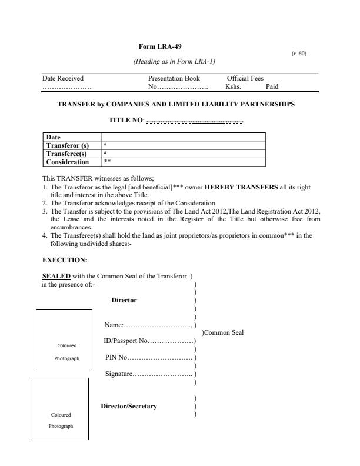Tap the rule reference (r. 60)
299,54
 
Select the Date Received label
63,78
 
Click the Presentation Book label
174,78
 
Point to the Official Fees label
245,78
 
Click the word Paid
272,86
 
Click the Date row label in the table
53,137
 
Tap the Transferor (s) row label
67,144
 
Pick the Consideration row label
68,161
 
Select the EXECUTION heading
65,259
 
